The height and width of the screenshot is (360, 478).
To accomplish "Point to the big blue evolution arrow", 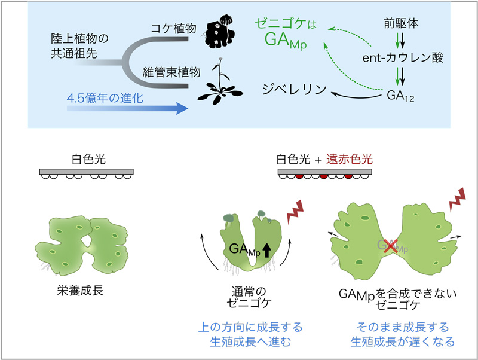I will click(x=119, y=109).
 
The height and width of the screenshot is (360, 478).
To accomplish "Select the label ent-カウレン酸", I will click(x=395, y=58).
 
